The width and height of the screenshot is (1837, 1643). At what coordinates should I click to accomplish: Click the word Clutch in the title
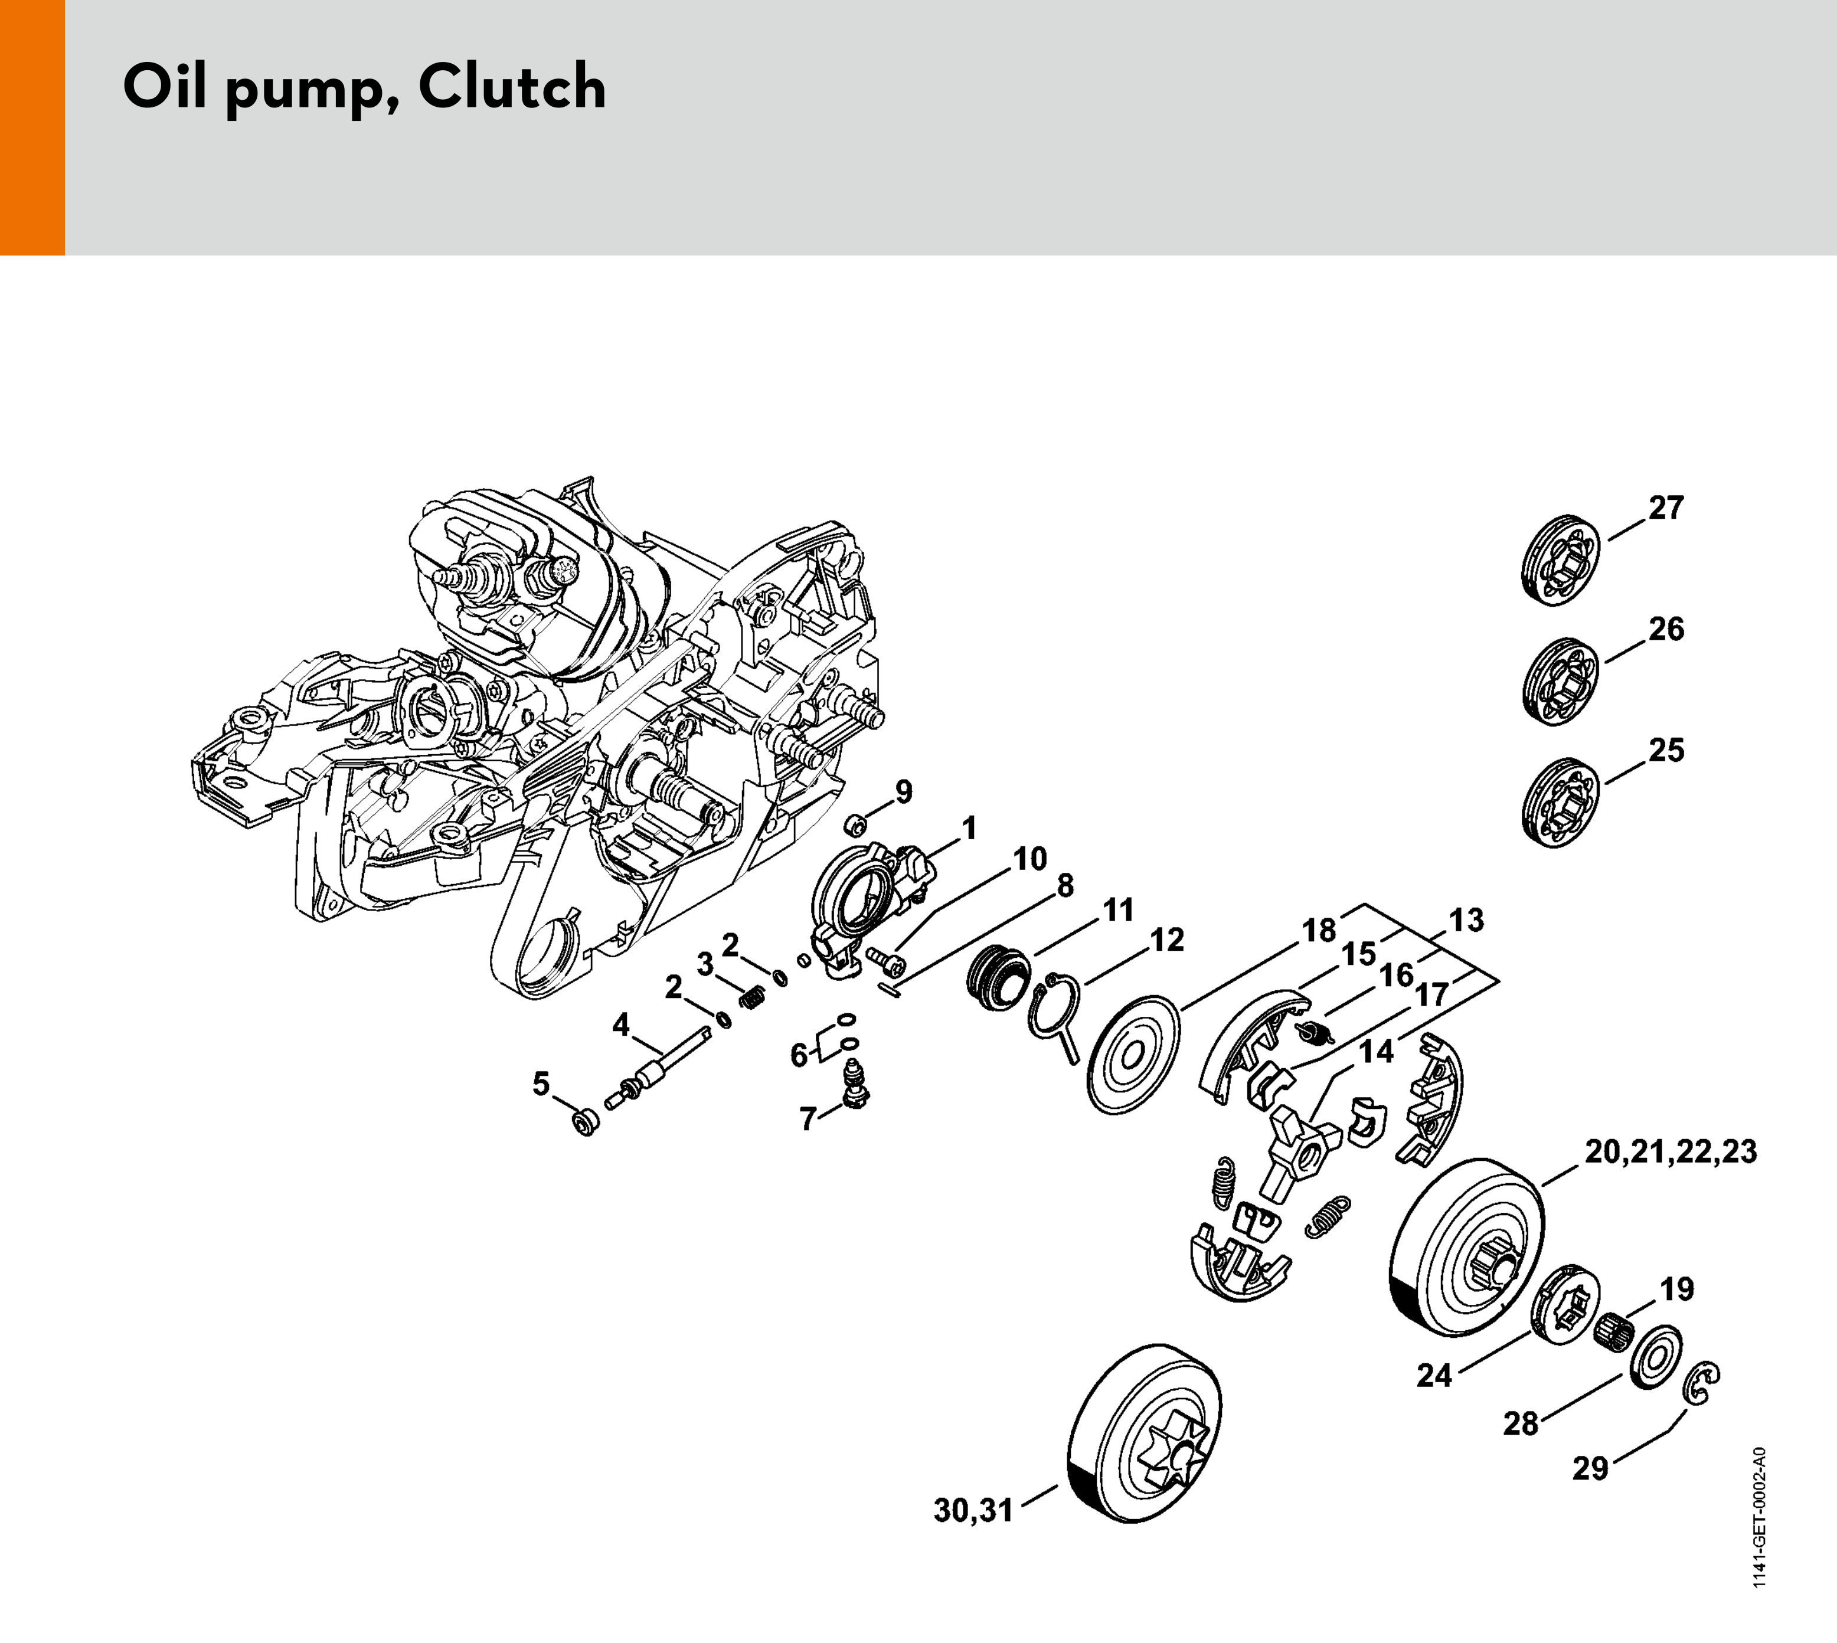(x=512, y=87)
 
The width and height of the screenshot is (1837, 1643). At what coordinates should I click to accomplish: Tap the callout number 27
(x=1666, y=508)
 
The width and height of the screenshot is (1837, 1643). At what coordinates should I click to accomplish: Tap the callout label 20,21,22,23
(x=1671, y=1153)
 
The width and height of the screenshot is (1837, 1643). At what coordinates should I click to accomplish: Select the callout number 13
(x=1466, y=920)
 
